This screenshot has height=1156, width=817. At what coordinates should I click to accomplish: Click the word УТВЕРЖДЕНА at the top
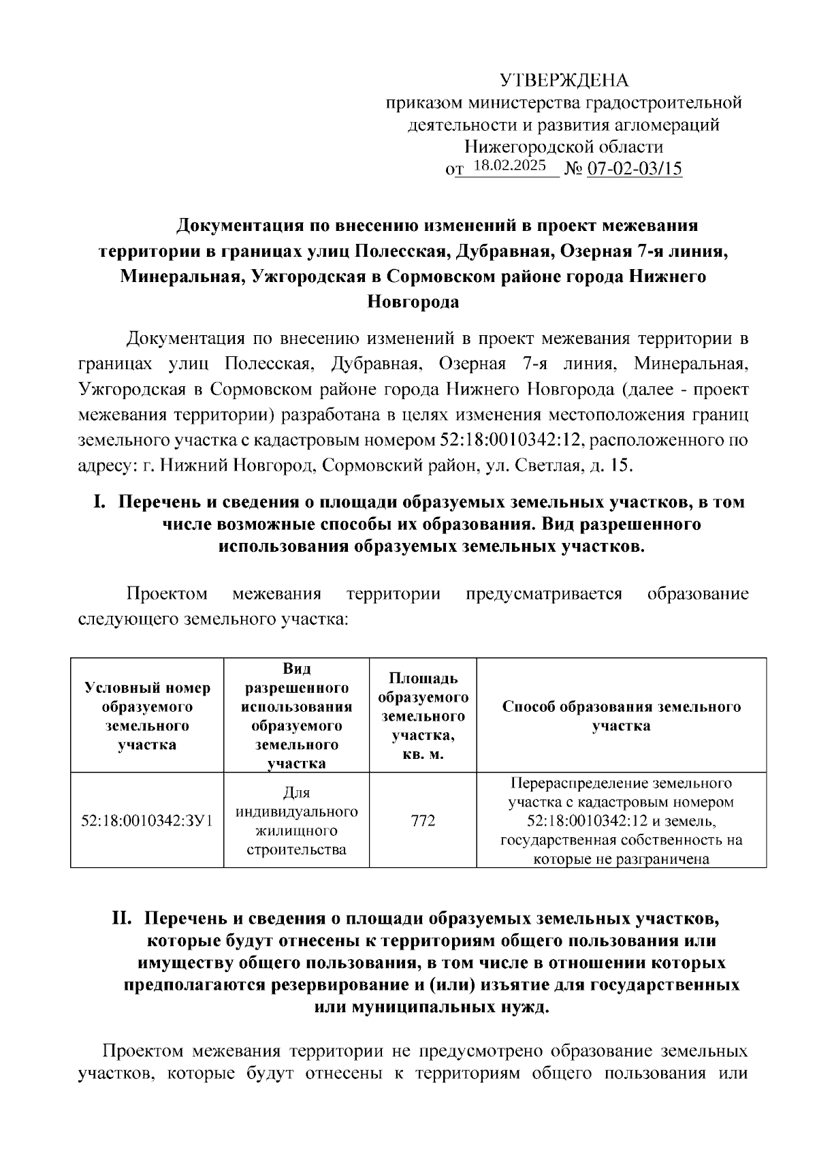point(564,81)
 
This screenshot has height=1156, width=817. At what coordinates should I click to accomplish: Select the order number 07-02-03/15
point(635,168)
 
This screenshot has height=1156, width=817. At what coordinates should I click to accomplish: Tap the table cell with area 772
point(423,821)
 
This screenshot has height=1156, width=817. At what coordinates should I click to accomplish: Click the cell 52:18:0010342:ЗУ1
point(147,821)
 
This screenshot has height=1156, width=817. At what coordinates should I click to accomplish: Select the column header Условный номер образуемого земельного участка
point(147,715)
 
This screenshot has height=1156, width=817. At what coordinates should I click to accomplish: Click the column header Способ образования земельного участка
point(621,715)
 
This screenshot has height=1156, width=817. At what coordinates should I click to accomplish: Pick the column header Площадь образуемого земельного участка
point(423,715)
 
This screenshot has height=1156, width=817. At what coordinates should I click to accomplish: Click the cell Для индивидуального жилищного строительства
point(296,821)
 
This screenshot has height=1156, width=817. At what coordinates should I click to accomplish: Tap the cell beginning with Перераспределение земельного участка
point(621,821)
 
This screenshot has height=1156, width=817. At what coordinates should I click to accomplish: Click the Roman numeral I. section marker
point(99,502)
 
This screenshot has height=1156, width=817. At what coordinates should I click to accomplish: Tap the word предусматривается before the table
point(543,593)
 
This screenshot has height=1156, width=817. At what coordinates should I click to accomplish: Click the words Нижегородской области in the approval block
point(564,146)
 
